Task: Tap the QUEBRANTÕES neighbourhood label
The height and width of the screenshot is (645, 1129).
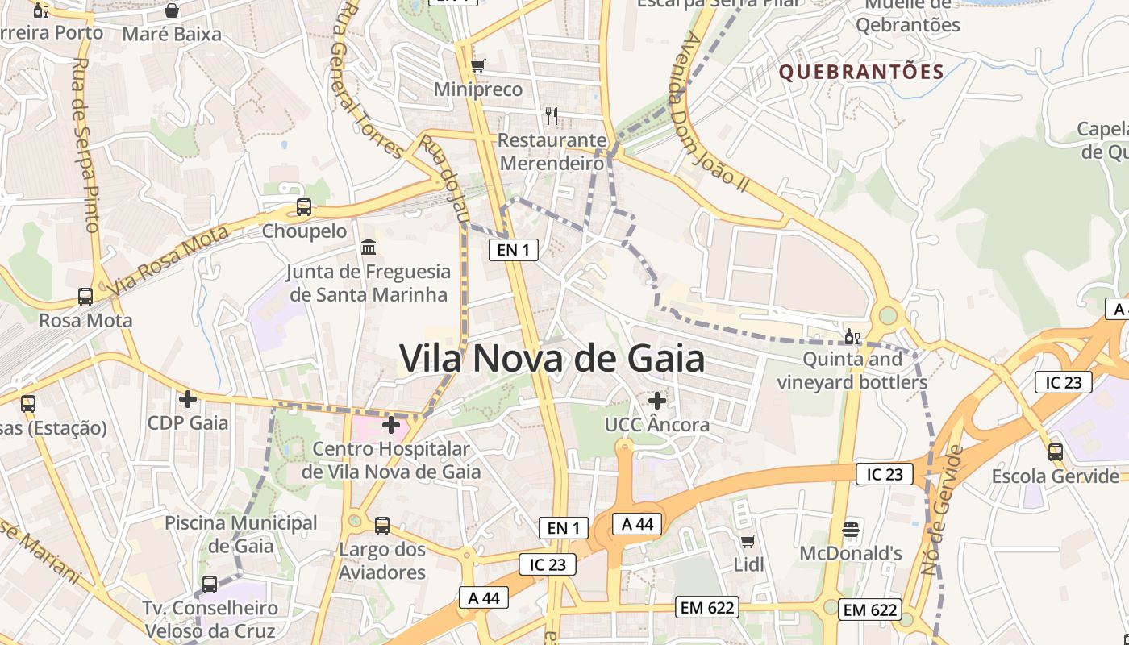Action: pos(860,72)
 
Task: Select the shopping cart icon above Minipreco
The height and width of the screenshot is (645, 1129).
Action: pos(478,65)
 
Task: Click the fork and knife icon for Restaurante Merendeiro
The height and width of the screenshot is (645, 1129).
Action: pos(552,116)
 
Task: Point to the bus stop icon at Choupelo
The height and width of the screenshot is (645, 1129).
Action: pos(304,207)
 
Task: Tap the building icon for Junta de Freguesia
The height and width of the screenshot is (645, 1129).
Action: pos(369,247)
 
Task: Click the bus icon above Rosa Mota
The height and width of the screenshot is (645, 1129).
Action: pos(85,297)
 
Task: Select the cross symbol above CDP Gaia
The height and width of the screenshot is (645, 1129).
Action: pos(188,398)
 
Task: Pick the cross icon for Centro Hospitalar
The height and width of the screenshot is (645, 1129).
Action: pos(391,424)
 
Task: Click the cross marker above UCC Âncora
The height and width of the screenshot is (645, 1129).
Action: pos(657,400)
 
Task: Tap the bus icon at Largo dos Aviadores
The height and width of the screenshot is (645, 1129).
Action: pos(382,526)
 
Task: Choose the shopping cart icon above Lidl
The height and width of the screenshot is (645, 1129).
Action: pos(748,541)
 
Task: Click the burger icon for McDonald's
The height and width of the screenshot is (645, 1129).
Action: pos(851,530)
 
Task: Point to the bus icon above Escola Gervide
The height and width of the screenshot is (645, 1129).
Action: pos(1056,452)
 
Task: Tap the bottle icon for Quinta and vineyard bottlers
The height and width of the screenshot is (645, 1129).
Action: pos(852,335)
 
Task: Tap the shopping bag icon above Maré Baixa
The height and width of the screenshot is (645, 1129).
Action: pos(172,10)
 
